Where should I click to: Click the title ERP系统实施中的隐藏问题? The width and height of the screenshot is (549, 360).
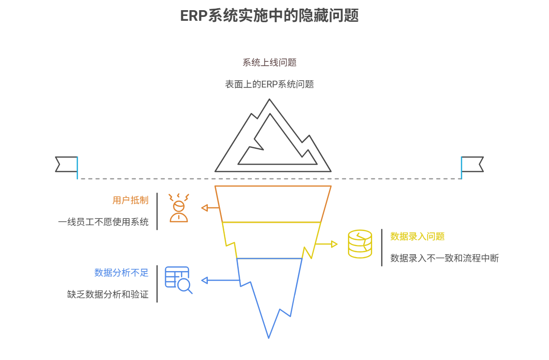[269, 15]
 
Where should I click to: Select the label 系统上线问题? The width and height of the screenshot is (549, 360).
[269, 62]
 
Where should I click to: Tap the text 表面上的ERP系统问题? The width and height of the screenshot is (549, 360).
[269, 84]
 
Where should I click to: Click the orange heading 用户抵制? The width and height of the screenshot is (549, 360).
[130, 200]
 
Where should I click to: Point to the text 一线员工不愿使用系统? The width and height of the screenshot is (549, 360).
[103, 222]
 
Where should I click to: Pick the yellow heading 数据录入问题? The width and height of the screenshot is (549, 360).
[418, 236]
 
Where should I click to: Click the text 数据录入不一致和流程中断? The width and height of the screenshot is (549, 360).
[445, 258]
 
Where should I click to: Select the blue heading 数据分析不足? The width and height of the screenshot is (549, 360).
[121, 273]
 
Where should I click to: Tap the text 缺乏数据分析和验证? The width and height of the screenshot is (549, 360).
[108, 294]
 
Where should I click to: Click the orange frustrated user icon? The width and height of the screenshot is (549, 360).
[179, 208]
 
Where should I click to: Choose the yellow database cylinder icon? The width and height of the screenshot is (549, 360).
[360, 244]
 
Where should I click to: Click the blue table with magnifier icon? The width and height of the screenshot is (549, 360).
[178, 280]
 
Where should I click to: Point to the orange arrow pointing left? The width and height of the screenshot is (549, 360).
[210, 208]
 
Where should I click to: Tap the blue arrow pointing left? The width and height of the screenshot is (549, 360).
[220, 280]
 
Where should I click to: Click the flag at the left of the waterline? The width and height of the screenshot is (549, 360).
[67, 164]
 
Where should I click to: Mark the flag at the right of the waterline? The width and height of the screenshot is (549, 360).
[472, 164]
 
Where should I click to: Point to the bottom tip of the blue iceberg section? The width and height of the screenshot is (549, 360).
[269, 337]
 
